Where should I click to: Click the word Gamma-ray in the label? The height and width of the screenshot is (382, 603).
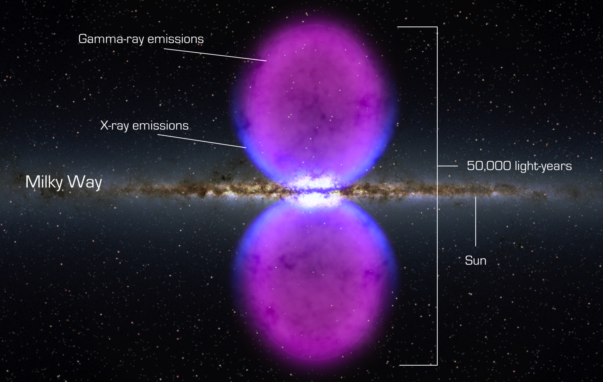tap(111, 39)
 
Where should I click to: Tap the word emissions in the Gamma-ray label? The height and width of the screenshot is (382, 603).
tap(176, 39)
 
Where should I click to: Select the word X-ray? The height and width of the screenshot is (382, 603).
tap(115, 126)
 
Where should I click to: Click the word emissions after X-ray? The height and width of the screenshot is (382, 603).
tap(160, 126)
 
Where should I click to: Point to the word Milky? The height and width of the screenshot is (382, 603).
tap(44, 182)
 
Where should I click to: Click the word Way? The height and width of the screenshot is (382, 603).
tap(85, 182)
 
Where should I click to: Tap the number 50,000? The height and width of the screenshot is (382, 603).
tap(489, 166)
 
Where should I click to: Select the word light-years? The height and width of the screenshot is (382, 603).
tap(543, 166)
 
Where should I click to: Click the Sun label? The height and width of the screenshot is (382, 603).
tap(475, 261)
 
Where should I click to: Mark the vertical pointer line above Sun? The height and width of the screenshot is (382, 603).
tap(475, 221)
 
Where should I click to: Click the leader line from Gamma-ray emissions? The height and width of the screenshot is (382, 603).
tap(215, 55)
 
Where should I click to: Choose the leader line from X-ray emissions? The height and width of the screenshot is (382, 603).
tap(202, 141)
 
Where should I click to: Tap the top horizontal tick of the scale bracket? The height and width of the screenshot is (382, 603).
tap(417, 27)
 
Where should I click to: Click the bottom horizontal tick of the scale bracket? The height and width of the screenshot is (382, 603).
tap(418, 365)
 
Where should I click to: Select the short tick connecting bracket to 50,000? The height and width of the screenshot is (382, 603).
tap(448, 166)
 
